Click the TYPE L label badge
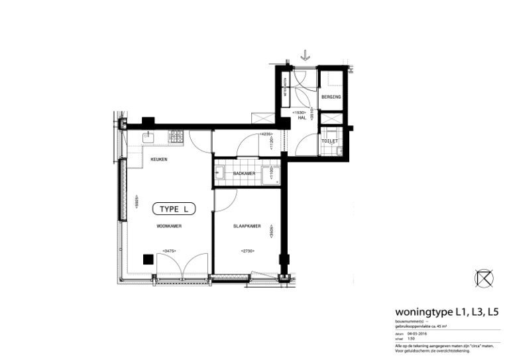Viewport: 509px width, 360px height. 175,209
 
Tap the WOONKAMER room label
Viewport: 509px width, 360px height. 169,226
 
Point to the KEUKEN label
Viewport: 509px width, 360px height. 158,160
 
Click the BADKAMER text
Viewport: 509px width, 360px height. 244,174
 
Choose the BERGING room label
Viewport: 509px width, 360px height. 331,97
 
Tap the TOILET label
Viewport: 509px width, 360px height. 329,141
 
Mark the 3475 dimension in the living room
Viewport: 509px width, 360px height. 170,251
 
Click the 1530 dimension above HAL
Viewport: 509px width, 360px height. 300,112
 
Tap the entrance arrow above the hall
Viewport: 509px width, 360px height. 305,56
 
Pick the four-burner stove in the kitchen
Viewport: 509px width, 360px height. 176,137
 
